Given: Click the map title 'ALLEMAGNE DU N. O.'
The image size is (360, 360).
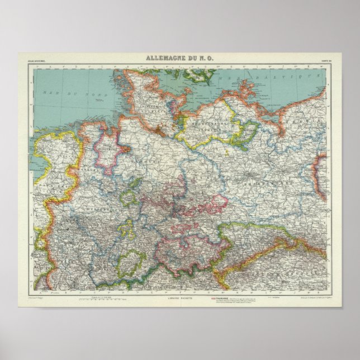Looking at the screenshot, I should tap(179, 56).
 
